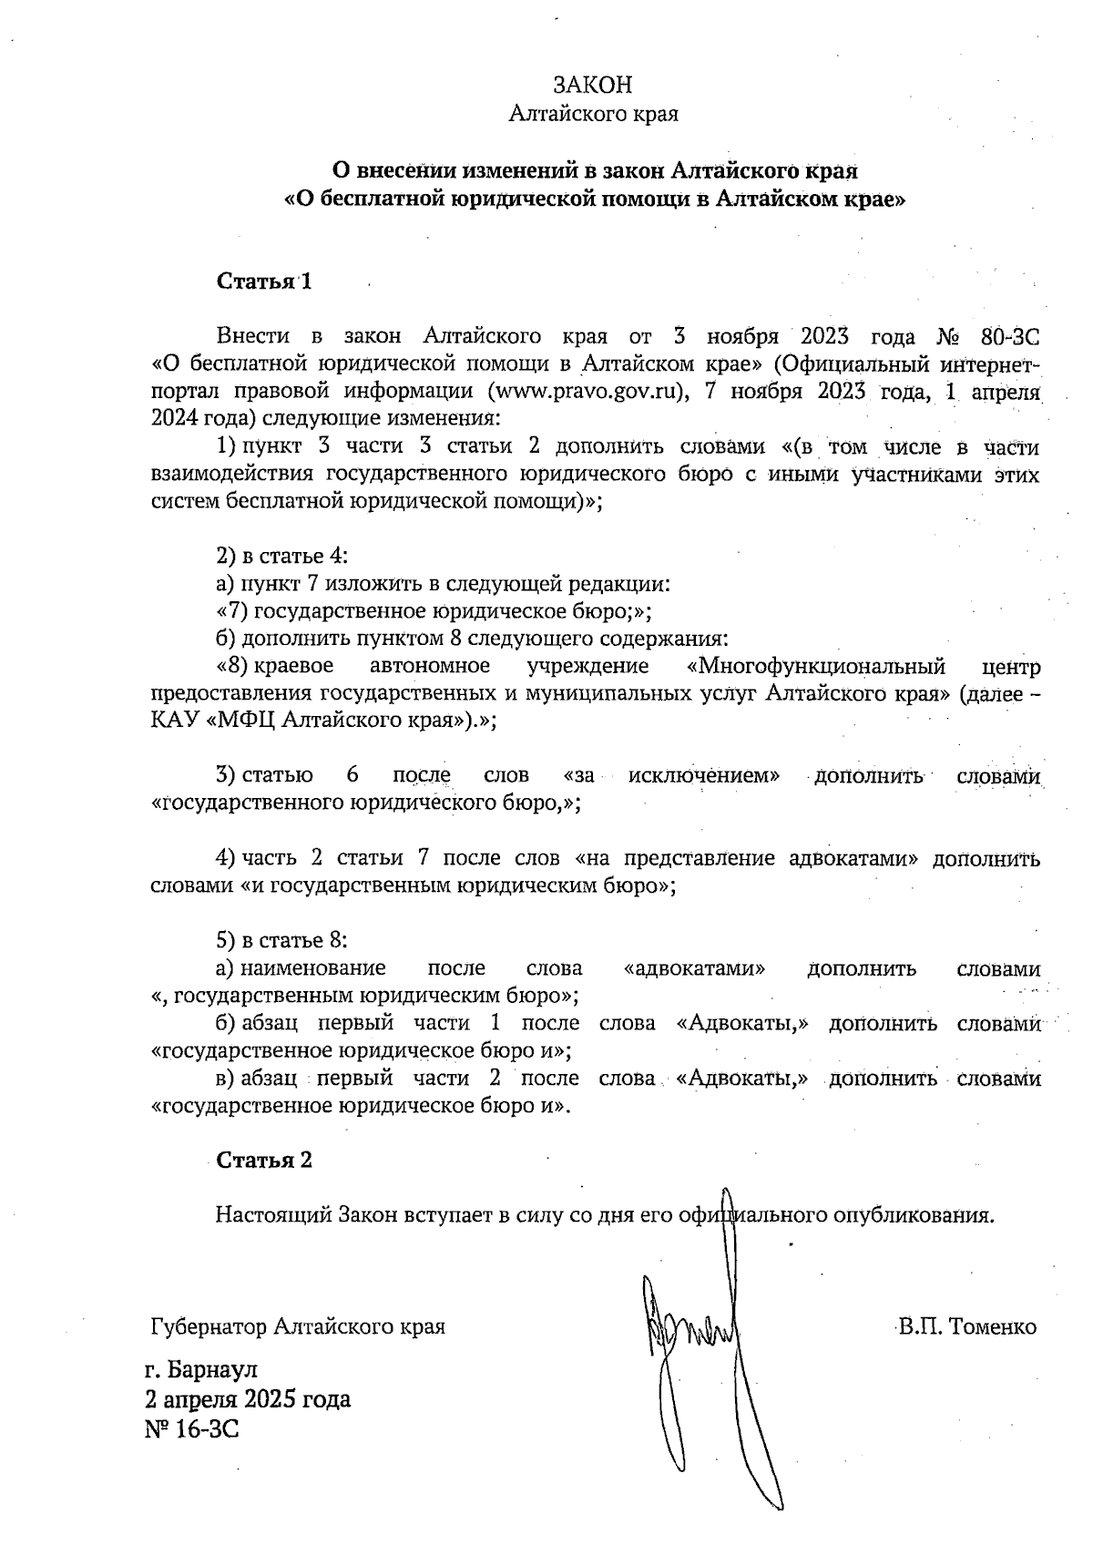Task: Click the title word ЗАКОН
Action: point(592,86)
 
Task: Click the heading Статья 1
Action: point(264,281)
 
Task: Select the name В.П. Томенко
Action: point(966,1326)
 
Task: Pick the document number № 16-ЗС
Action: point(191,1428)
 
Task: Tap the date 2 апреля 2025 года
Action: point(248,1399)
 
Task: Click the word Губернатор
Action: point(209,1326)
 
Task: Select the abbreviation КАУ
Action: point(176,721)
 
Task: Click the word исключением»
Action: point(704,776)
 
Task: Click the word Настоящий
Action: point(274,1215)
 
